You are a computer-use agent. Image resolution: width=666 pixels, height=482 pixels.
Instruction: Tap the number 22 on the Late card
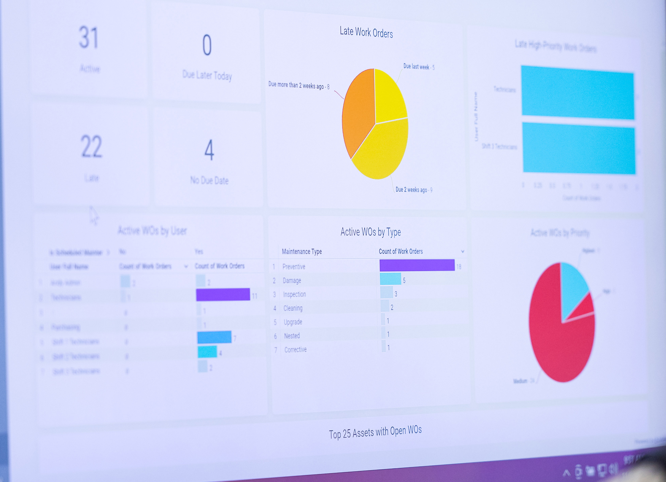[91, 146]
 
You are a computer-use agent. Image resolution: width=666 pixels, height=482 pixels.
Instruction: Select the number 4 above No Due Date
[209, 150]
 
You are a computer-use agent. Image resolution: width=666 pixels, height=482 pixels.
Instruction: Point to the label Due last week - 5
[418, 67]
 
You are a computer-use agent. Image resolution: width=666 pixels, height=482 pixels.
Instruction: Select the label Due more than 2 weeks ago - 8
[298, 85]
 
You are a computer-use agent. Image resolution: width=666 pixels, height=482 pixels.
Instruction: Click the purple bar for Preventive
[417, 265]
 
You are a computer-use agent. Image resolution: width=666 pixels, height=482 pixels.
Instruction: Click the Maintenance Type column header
[302, 252]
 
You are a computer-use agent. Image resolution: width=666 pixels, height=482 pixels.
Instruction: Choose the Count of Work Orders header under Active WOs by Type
[401, 251]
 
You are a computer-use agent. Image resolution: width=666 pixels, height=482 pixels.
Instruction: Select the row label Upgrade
[293, 322]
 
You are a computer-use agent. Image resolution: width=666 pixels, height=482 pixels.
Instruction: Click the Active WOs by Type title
[370, 232]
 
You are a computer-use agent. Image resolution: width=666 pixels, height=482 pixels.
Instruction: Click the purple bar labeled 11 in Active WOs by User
[223, 294]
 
